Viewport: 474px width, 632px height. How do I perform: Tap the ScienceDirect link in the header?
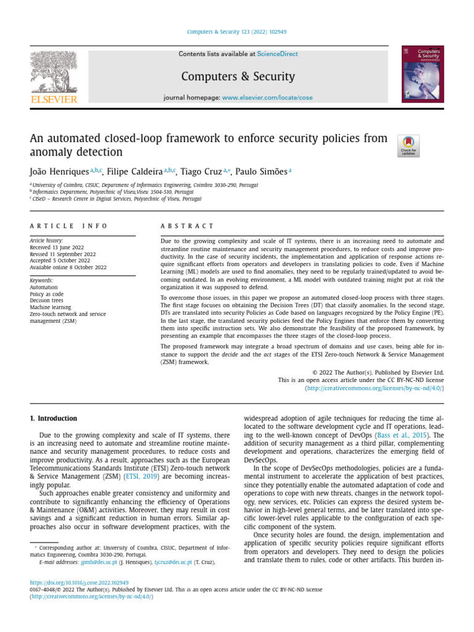[x=277, y=54]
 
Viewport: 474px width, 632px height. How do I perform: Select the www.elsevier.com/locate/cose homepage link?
[x=267, y=98]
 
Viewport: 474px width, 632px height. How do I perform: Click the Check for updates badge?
[x=409, y=146]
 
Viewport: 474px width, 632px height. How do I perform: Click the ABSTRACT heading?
[x=187, y=227]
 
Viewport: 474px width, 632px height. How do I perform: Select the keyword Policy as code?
[x=47, y=294]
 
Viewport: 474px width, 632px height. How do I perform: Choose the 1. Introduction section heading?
[x=54, y=418]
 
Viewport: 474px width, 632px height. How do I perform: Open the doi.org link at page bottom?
[x=79, y=583]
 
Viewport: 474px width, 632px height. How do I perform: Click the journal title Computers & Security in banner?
[x=238, y=77]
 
